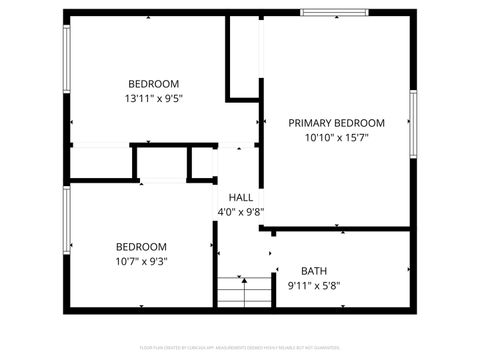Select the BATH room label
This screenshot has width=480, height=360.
tap(314, 270)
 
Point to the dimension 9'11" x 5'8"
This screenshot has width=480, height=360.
tap(314, 285)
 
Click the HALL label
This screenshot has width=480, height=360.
tap(240, 197)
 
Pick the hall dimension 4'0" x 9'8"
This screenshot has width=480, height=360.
tap(240, 212)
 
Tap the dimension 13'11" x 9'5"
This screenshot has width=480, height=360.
tap(153, 98)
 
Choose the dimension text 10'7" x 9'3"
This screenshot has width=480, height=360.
tap(141, 262)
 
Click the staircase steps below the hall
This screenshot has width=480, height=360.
tap(244, 292)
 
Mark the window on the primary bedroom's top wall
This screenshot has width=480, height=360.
tap(333, 13)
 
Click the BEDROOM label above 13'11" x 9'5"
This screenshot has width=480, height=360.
tap(153, 83)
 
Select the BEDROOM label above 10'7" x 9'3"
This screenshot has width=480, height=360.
tap(141, 247)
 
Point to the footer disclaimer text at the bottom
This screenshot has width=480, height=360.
tap(240, 348)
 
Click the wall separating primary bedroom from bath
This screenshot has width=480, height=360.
tap(340, 228)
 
